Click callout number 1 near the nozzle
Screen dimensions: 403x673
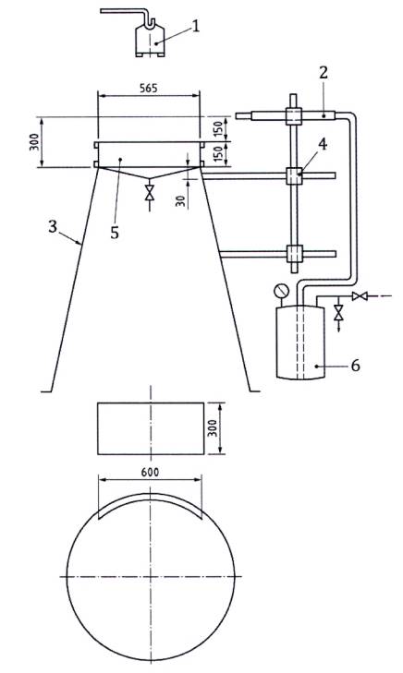coord(196,26)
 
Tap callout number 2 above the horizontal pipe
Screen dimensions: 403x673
coord(324,73)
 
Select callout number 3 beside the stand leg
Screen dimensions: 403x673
coord(53,227)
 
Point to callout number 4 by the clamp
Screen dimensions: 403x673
coord(323,145)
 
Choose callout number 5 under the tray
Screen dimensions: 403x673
coord(115,233)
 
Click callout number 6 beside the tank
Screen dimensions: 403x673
coord(355,366)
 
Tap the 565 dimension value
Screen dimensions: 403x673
coord(149,88)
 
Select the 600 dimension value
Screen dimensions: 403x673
coord(150,472)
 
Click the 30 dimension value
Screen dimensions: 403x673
coord(181,201)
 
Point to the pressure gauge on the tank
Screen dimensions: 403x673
coord(281,291)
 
